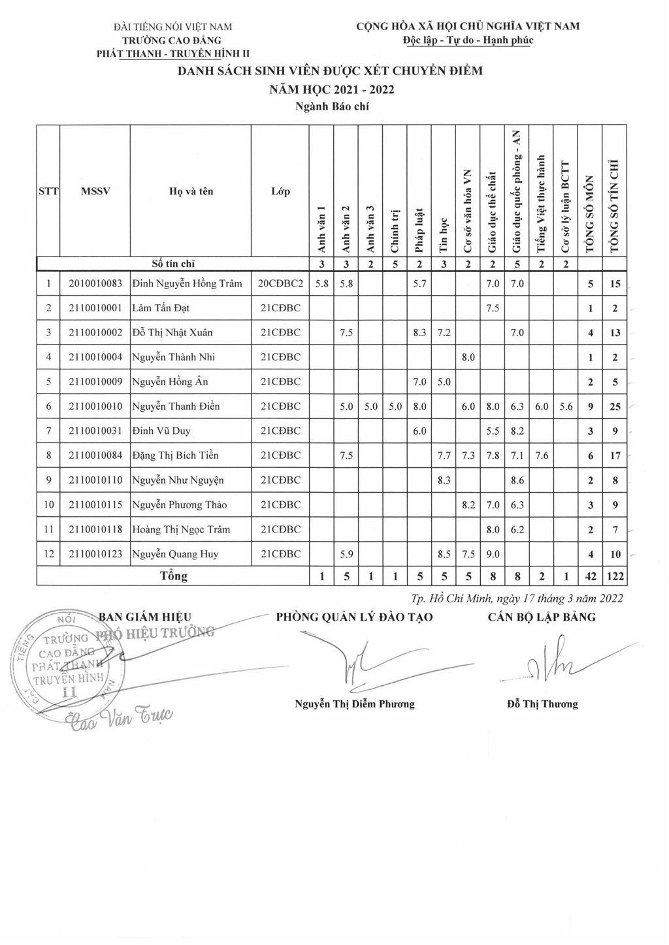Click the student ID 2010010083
pos(95,284)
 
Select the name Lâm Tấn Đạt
pos(161,308)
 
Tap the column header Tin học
pos(444,234)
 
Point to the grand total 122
pos(615,576)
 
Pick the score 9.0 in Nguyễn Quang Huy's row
pos(493,554)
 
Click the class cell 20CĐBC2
pos(280,284)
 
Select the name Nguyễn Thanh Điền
pos(176,407)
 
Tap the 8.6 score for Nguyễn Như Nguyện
pos(517,480)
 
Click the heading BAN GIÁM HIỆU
pos(144,617)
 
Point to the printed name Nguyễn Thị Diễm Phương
pos(355,704)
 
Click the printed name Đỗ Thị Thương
pos(542,704)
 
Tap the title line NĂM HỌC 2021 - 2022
pos(331,89)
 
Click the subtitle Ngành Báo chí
pos(332,106)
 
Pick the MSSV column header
pos(95,192)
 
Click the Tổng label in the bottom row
pos(173,576)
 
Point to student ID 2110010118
pos(95,529)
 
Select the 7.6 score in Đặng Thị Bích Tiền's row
pos(542,456)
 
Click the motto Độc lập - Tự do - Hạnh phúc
pos(468,40)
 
